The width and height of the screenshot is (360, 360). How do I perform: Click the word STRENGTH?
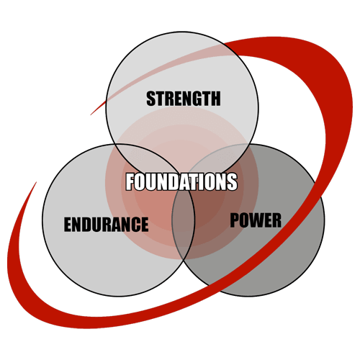tap(184, 99)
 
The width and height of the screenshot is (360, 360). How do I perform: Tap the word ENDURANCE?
tap(106, 224)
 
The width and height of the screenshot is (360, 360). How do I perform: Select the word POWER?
tap(256, 220)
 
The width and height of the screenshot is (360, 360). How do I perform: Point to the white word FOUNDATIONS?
tap(181, 181)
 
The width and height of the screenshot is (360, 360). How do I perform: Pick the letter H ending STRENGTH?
tap(215, 99)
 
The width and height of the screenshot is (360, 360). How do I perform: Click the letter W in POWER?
tap(256, 220)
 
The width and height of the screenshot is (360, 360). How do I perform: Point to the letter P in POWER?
tap(234, 220)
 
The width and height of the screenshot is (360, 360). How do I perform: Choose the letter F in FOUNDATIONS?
tap(130, 181)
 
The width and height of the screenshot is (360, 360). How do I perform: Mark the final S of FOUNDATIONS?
tap(233, 181)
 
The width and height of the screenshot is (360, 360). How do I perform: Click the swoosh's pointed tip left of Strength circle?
tap(91, 114)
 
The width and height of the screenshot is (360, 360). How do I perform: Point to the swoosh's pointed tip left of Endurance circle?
tap(36, 182)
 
